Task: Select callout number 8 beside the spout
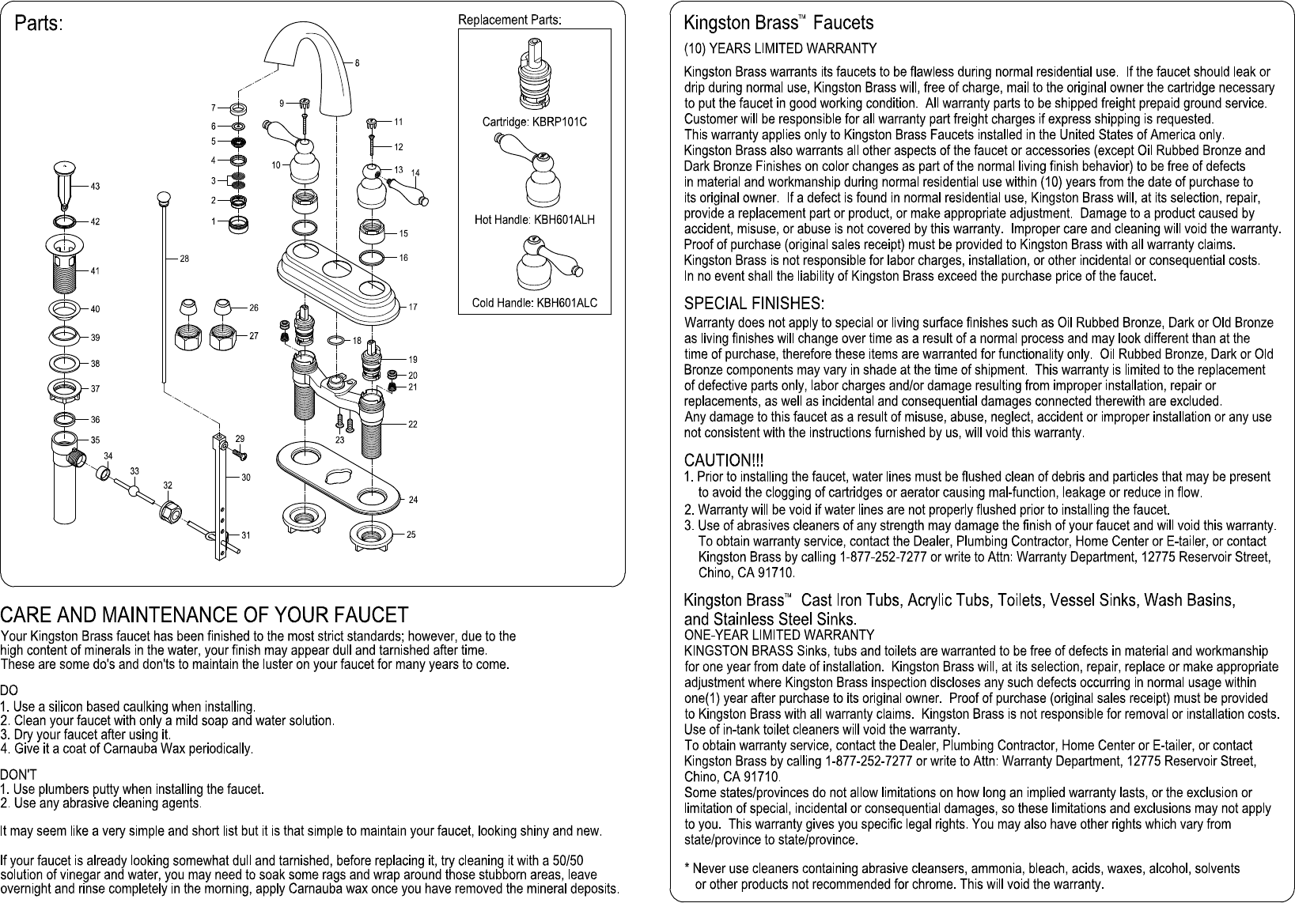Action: [357, 63]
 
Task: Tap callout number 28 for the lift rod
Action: [184, 259]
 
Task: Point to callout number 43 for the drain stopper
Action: [95, 187]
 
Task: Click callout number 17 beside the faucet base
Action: [413, 307]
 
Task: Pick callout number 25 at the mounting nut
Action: [411, 535]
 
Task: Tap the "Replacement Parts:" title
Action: [509, 19]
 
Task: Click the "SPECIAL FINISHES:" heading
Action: [754, 304]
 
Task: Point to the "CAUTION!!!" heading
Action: [723, 460]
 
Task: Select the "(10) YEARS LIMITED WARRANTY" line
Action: [780, 49]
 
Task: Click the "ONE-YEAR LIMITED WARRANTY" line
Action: [778, 635]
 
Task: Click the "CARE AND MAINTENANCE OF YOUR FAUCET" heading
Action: [204, 615]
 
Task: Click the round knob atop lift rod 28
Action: [165, 198]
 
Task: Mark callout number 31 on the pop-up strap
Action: [246, 535]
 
